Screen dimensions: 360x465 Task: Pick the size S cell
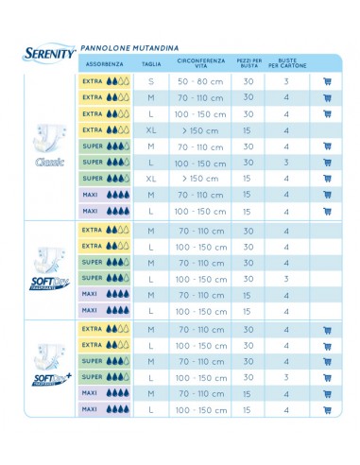[x=151, y=81]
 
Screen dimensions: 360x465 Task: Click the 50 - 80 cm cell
[x=197, y=81]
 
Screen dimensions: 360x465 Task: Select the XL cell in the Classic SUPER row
[x=151, y=178]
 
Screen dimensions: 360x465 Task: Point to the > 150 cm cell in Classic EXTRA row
[x=197, y=129]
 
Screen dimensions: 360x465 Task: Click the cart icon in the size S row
[x=327, y=81]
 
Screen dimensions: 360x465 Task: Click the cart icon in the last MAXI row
[x=327, y=410]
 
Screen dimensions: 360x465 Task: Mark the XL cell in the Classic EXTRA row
[x=151, y=129]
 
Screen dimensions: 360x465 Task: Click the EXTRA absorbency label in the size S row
[x=93, y=81]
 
